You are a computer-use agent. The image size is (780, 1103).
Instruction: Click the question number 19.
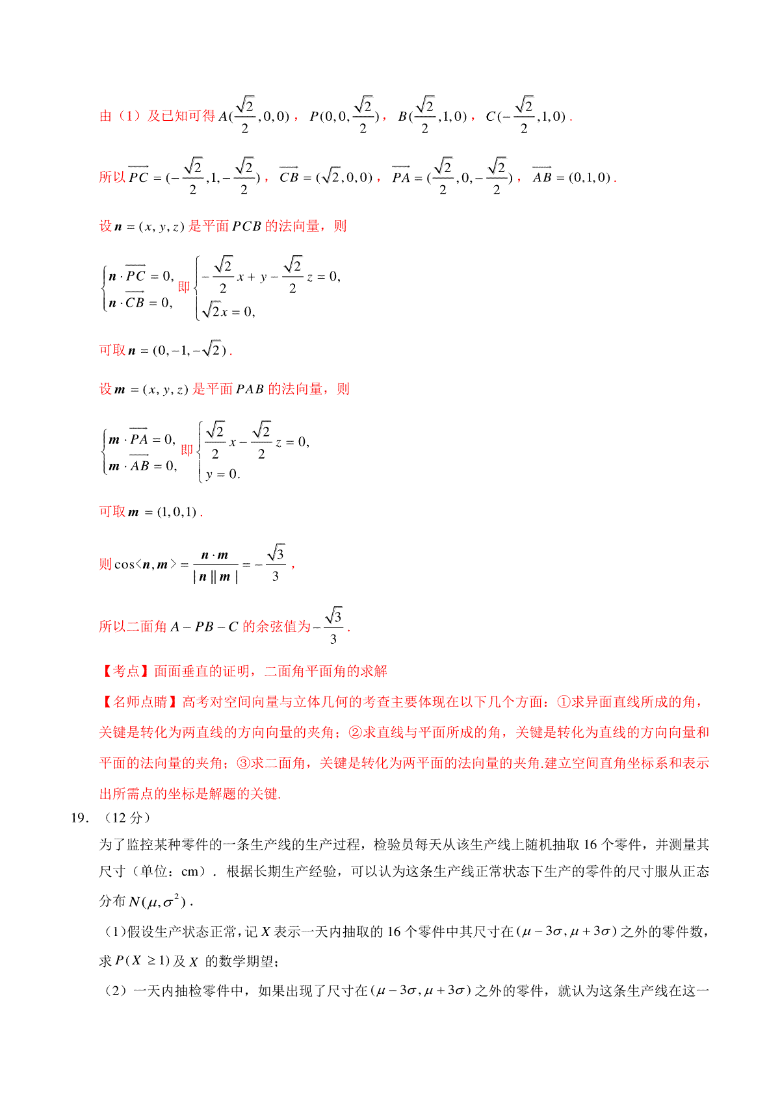coord(79,818)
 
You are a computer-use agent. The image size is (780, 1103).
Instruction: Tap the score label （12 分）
coord(127,818)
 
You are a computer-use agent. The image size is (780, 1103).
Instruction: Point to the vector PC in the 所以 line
coord(138,176)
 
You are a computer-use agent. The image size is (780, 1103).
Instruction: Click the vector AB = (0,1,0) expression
coord(572,177)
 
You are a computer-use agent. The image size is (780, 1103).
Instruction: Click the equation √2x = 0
coord(228,312)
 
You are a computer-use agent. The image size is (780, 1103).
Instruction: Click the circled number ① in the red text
coord(564,702)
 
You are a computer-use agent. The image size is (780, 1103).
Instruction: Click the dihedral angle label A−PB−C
coord(205,627)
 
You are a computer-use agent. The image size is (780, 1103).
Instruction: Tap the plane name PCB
coord(246,226)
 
